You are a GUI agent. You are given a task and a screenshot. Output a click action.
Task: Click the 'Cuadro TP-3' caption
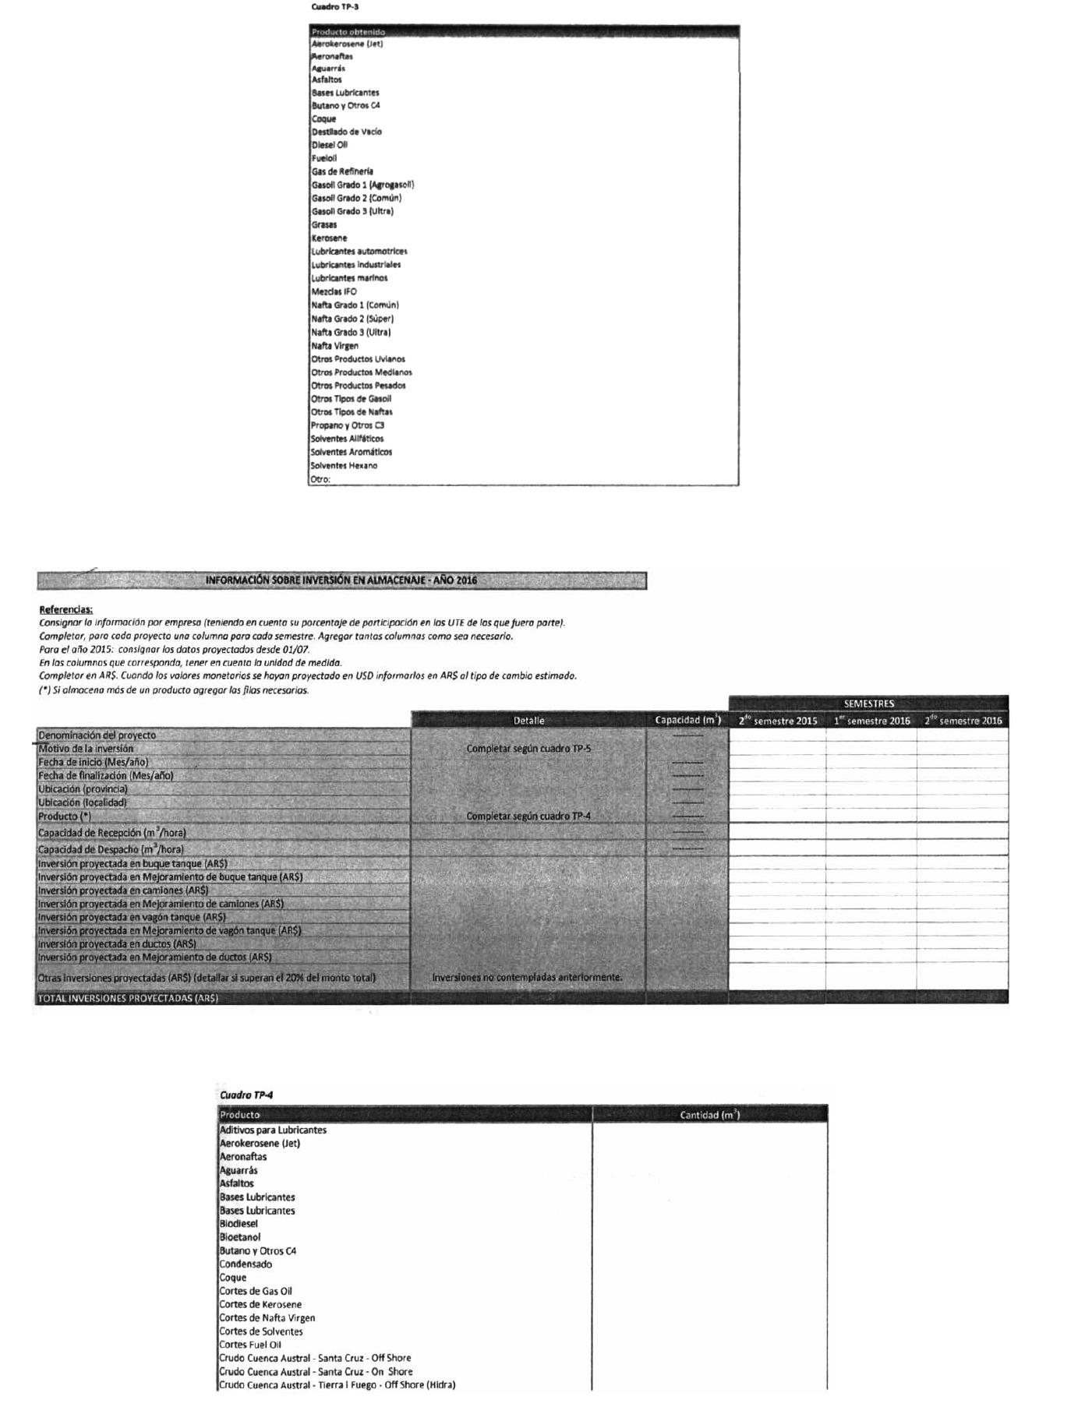(x=334, y=7)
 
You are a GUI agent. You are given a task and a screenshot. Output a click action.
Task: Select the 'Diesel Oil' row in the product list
(x=330, y=145)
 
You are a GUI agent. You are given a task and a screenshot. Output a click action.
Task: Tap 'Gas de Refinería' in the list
(x=342, y=171)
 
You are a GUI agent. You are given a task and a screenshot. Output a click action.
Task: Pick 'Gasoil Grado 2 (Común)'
(x=356, y=198)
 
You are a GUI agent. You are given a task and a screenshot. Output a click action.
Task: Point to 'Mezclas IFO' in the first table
(x=334, y=291)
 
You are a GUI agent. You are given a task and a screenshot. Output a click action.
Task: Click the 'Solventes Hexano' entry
(x=344, y=466)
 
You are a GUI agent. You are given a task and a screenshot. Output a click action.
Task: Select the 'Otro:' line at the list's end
(x=320, y=479)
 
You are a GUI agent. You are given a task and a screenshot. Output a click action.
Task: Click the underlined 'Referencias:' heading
(x=65, y=609)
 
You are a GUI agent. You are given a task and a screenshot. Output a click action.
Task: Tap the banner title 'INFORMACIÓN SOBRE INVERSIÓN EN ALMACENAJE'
(x=341, y=580)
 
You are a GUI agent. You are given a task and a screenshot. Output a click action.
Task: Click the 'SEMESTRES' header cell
(x=868, y=703)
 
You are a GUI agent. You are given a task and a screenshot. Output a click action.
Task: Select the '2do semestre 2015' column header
(x=777, y=721)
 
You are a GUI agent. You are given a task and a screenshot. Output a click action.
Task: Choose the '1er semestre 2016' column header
(x=871, y=721)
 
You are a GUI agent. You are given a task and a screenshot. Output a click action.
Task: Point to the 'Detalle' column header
(x=528, y=721)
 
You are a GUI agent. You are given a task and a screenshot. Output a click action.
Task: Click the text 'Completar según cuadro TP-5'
(x=528, y=749)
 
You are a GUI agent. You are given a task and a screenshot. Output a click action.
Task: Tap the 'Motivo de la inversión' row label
(x=86, y=749)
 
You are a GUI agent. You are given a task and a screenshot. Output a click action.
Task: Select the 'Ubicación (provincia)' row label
(x=83, y=789)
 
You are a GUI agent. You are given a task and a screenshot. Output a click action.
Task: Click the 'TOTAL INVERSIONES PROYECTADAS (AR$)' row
(x=128, y=998)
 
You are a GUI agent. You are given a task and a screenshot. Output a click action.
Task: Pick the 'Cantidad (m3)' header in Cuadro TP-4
(x=709, y=1115)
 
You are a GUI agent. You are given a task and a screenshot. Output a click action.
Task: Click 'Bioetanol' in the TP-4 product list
(x=240, y=1237)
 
